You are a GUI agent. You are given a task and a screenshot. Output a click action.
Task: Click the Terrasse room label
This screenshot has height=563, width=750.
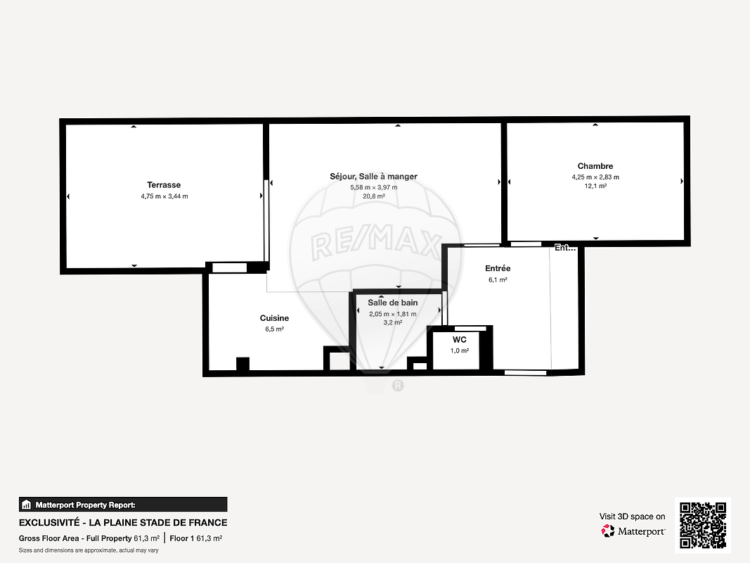coord(164,185)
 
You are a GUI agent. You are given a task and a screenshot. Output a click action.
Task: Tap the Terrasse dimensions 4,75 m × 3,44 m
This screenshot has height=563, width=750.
coord(164,196)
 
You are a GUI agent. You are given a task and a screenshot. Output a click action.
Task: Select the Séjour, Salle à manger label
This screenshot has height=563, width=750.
coord(373,177)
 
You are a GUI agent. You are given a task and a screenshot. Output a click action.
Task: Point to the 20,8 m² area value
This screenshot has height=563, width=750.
coord(373,196)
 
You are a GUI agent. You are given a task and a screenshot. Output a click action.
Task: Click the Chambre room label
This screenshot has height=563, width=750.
coord(595,166)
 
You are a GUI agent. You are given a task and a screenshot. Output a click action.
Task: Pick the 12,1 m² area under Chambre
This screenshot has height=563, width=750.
coord(595,186)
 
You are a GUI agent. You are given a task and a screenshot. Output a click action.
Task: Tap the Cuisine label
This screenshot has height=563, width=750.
coord(274,318)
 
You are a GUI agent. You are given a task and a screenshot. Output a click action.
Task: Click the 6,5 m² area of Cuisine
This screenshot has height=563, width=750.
coord(275,329)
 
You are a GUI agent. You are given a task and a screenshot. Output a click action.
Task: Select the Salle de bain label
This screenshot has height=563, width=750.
coord(393,303)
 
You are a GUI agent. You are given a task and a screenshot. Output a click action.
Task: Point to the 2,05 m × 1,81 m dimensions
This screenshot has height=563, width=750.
coord(393,314)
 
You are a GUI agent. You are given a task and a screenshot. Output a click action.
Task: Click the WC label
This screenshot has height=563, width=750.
coord(459,340)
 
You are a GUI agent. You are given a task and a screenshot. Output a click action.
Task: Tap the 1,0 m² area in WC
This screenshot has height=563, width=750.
coord(459,351)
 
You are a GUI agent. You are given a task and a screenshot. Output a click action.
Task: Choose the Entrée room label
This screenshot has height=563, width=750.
coord(498,269)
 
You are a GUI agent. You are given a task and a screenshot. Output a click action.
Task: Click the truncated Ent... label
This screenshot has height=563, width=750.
coord(565,248)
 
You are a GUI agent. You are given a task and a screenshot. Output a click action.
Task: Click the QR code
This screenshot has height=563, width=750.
coord(703,525)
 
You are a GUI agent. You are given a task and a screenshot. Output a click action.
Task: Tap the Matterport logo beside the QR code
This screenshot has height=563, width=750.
coord(633,531)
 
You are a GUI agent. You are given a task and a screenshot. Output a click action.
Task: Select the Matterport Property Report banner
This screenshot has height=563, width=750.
coord(123,505)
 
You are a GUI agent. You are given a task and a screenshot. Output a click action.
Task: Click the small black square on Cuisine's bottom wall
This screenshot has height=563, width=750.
coord(243,364)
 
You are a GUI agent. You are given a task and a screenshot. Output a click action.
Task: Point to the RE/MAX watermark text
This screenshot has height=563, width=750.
coord(376,244)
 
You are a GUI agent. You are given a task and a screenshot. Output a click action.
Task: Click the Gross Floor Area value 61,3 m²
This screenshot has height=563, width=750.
coord(146,538)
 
